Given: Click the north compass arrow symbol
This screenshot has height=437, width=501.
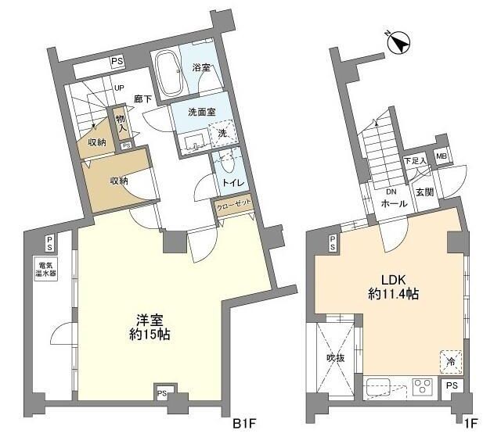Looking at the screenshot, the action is [x=398, y=43].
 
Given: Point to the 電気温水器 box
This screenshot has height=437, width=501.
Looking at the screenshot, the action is [x=46, y=269].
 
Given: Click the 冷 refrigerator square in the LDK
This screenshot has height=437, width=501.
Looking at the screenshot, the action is [x=451, y=362].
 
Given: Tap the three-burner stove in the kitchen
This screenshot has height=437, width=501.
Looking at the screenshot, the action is [x=423, y=387].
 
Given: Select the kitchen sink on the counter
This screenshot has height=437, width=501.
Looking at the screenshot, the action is [x=378, y=387].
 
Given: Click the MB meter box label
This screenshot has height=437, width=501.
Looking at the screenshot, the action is [x=442, y=156].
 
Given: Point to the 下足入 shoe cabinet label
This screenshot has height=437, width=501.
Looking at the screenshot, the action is [x=415, y=161].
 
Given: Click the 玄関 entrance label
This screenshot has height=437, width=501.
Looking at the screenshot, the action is [x=424, y=192].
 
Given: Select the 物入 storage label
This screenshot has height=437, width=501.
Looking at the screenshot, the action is [x=121, y=124].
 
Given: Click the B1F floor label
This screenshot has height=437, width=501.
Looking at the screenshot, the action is [x=244, y=424].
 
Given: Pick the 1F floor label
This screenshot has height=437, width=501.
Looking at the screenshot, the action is [x=470, y=424].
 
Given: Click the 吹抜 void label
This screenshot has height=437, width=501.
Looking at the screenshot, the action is [x=336, y=358].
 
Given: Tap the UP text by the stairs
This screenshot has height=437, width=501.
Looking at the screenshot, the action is [x=119, y=88].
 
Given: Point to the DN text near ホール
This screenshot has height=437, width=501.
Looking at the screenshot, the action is [x=391, y=192].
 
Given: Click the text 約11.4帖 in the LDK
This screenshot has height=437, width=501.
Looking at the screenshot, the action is [x=393, y=294].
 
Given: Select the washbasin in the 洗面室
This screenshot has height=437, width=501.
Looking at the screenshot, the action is [x=195, y=141].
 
